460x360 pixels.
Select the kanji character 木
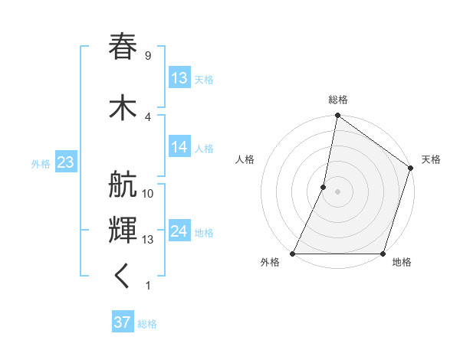[123, 107]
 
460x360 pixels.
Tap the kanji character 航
[123, 188]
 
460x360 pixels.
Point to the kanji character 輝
[123, 230]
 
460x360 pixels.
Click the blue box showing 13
[179, 78]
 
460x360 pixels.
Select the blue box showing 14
[179, 148]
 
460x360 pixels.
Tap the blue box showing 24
[179, 231]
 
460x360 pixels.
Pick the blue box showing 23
[65, 162]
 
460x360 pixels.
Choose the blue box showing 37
[123, 322]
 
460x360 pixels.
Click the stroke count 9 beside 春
[147, 55]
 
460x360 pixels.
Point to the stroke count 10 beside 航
[148, 193]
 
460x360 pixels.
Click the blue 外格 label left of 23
[41, 163]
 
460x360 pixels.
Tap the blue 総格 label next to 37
[147, 323]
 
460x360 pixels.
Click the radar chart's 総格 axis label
[338, 100]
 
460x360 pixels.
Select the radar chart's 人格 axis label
[245, 159]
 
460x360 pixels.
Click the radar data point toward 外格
[293, 254]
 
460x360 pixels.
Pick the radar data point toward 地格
[383, 254]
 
